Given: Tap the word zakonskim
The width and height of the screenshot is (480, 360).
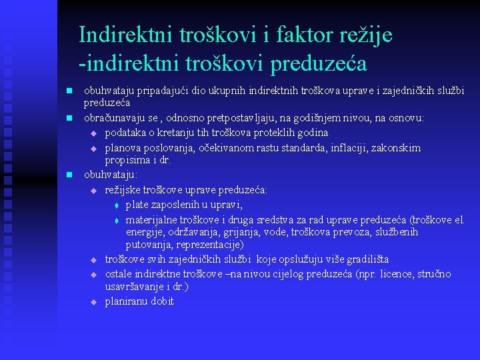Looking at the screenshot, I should click(x=396, y=147).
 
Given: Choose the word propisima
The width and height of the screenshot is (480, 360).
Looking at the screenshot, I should click(x=127, y=161).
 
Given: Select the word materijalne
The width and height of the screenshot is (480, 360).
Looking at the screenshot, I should click(x=150, y=219).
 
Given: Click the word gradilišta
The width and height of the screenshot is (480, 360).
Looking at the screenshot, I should click(x=366, y=259).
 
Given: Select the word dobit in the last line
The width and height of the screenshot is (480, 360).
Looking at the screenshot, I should click(x=163, y=301).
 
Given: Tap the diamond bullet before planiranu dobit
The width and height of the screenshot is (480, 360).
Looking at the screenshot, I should click(x=94, y=302).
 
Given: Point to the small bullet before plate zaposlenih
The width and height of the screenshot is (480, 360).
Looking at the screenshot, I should click(x=115, y=205).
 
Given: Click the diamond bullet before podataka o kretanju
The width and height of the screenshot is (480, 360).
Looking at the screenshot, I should click(x=94, y=133).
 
